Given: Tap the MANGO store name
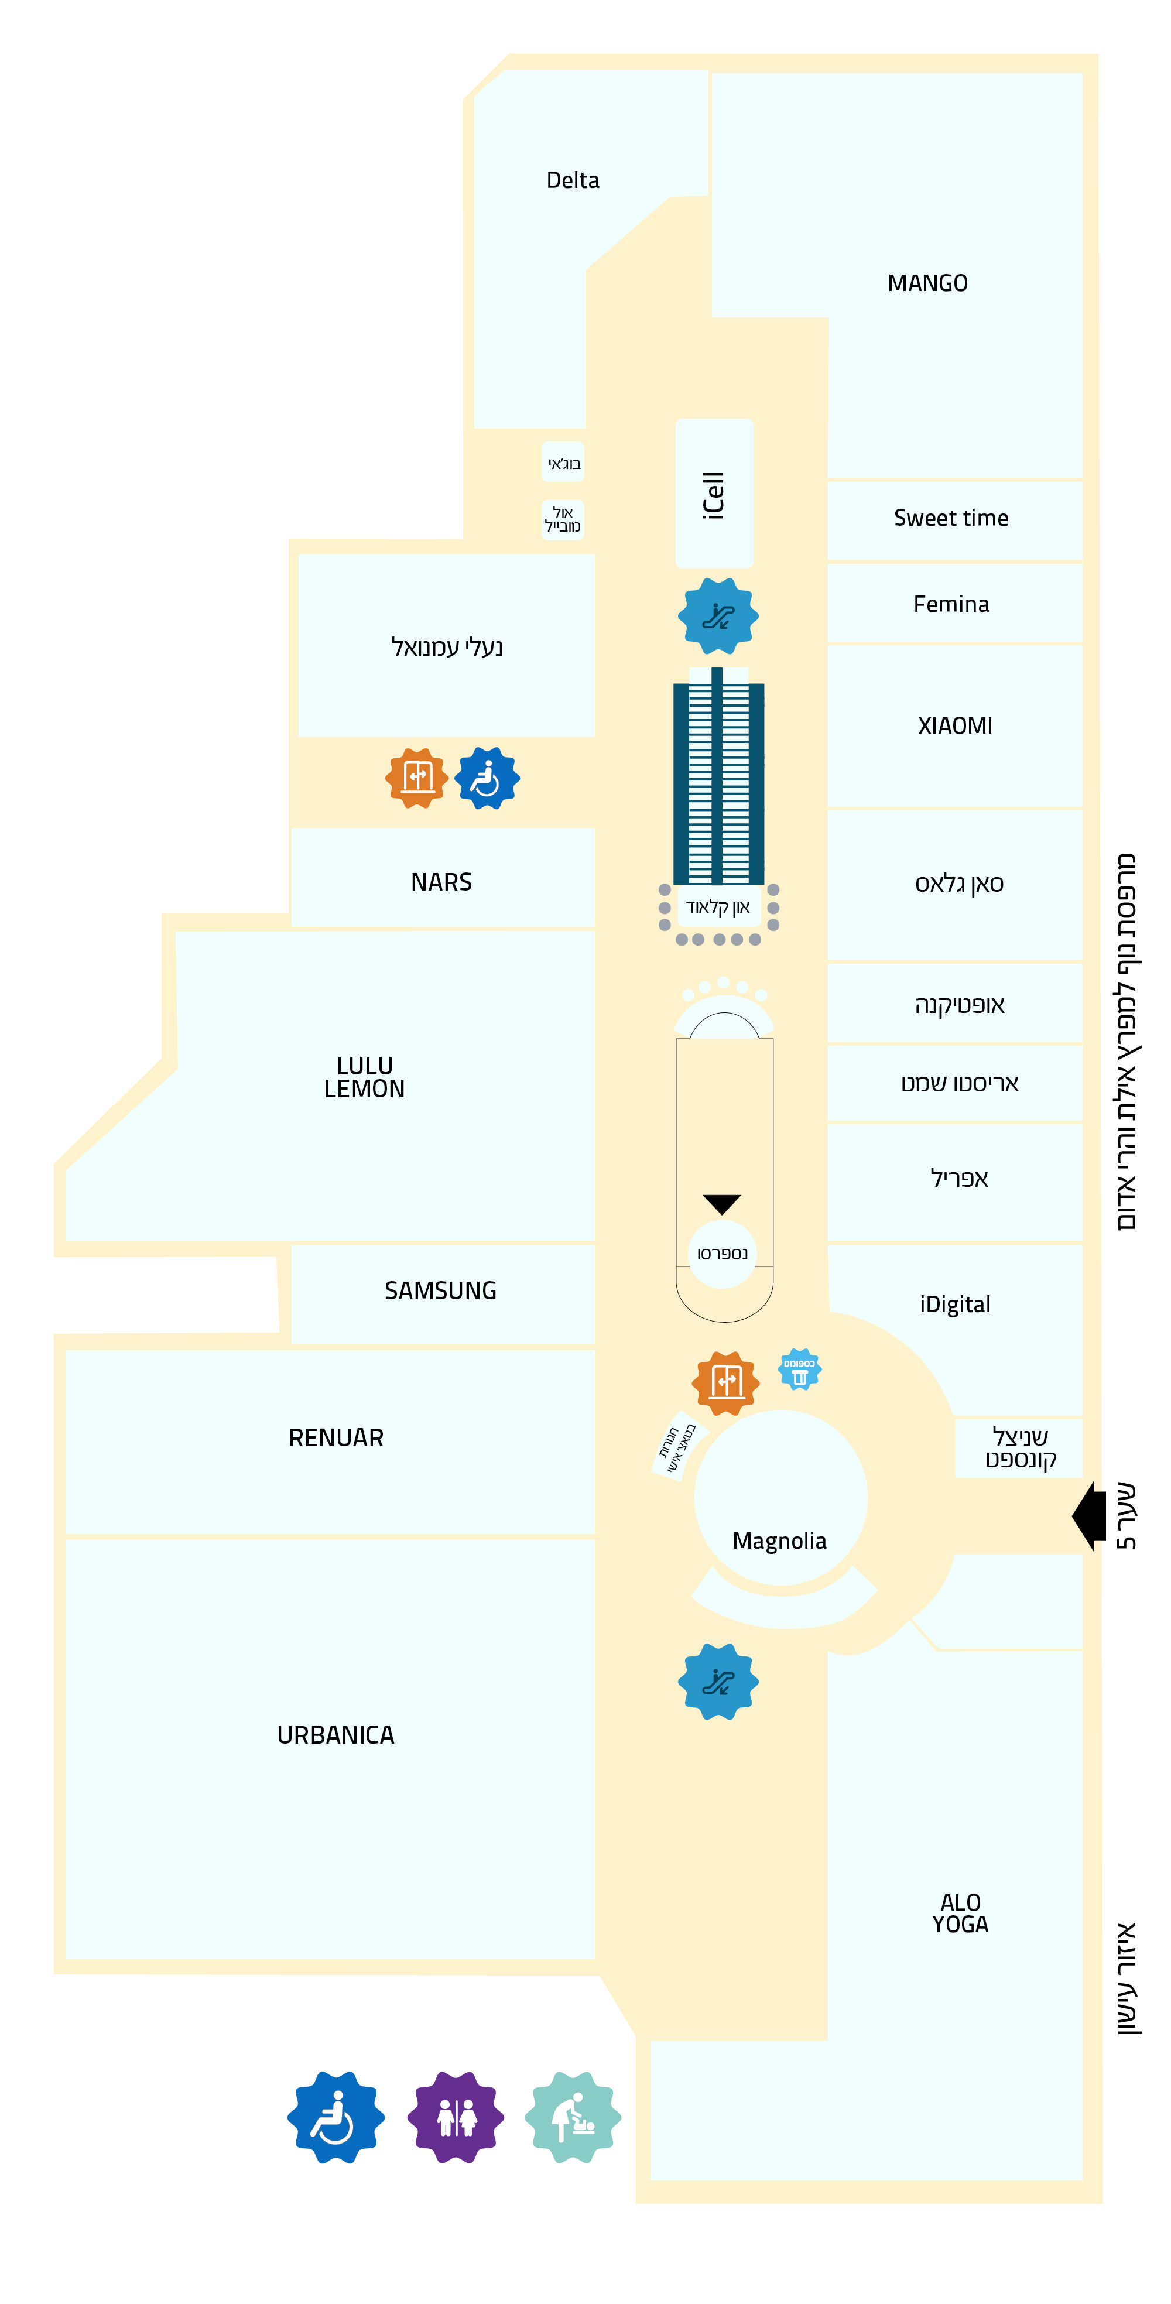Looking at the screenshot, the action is [x=927, y=283].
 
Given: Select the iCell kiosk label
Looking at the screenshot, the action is [x=713, y=495].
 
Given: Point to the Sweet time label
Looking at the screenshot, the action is [x=951, y=518].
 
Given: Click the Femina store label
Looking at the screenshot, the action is [x=951, y=604].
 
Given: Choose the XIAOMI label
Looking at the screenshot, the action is [x=954, y=725].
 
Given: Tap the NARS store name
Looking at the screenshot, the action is [x=441, y=882].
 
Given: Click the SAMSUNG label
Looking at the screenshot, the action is [x=440, y=1290].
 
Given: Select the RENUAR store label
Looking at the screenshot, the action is [x=335, y=1437].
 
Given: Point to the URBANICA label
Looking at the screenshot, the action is [x=335, y=1734].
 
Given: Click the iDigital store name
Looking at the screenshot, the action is [x=954, y=1304].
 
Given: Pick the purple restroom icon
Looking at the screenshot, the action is [x=456, y=2117].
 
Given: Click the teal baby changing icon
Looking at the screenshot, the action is [x=573, y=2117].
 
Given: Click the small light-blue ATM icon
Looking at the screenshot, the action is [x=800, y=1370].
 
